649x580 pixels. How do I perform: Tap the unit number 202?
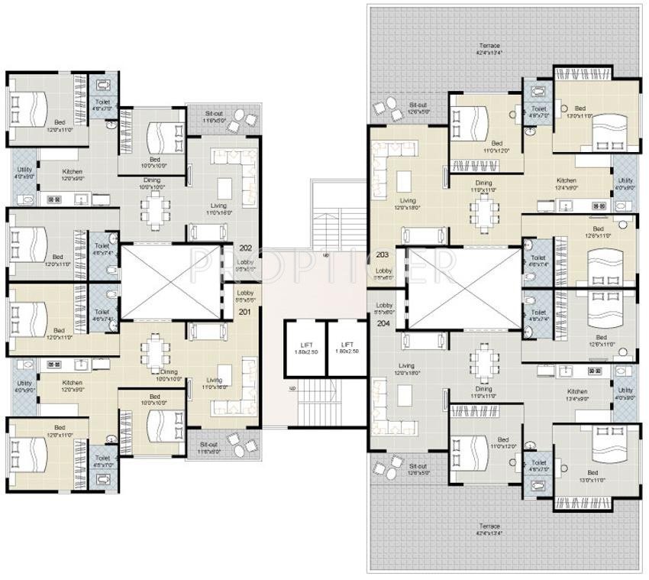pos(245,248)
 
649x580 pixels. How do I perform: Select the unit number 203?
pos(383,254)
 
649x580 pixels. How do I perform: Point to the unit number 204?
pos(383,323)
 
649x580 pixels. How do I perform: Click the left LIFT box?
pos(305,348)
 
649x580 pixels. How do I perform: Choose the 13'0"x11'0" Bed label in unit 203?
pos(580,112)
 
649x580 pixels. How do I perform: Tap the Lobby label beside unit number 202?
pos(245,264)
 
